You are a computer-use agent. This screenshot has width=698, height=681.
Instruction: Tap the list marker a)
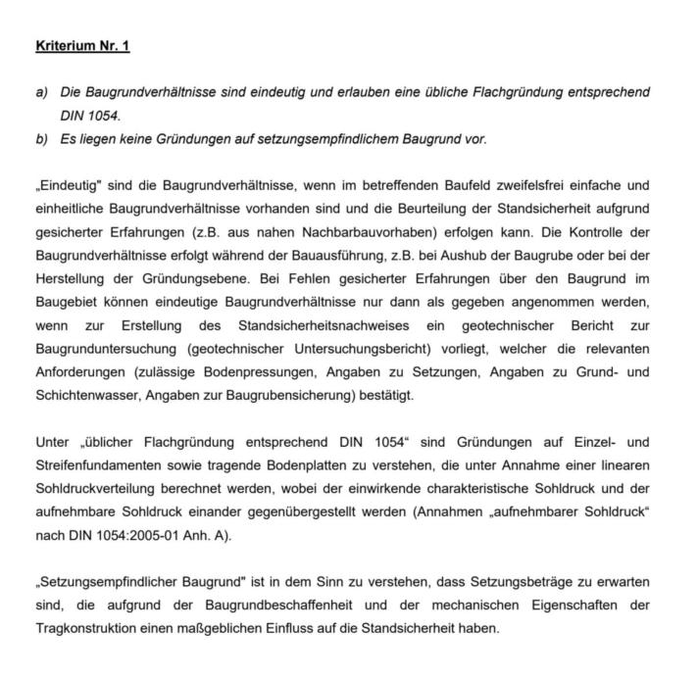tap(41, 92)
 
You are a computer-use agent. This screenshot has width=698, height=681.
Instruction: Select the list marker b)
tap(41, 139)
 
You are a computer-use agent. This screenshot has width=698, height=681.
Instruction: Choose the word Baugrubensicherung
tap(293, 396)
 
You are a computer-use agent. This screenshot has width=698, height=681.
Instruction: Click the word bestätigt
tap(386, 396)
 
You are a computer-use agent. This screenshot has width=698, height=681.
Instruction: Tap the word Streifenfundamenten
tap(98, 465)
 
